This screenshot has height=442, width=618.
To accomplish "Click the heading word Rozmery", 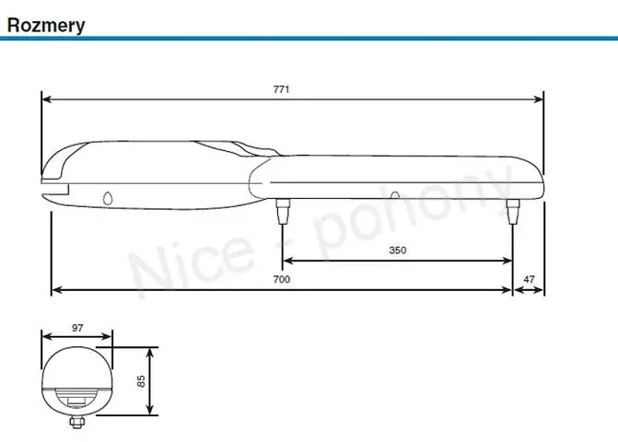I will tap(46, 24).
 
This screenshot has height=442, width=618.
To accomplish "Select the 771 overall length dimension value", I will tap(282, 88).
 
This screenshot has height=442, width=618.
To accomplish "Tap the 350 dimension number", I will tap(397, 250).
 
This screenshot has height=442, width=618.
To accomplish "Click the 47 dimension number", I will tap(528, 278).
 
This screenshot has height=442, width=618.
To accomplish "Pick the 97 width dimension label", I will tap(76, 328).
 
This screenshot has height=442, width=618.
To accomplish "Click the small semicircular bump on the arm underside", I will tap(395, 195).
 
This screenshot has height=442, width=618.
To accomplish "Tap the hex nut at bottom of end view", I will tap(76, 423).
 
